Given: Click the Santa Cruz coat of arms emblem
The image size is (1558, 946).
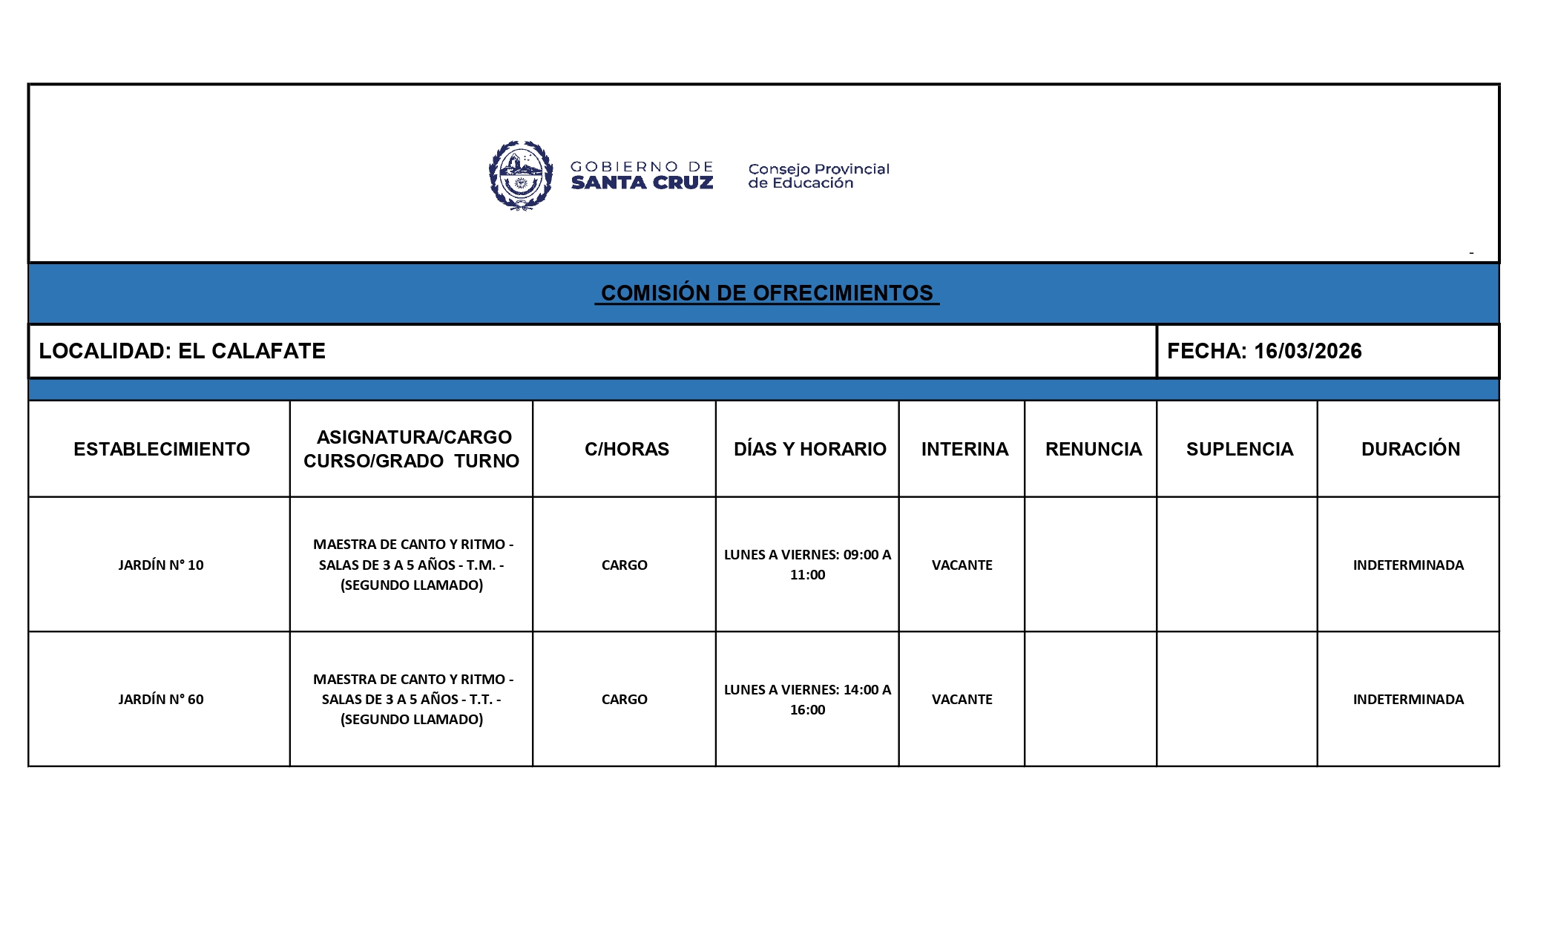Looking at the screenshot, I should pos(521,176).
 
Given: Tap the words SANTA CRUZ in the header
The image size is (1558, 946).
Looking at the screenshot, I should pos(642,183).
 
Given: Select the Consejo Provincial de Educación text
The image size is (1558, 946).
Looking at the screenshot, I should pos(818,176).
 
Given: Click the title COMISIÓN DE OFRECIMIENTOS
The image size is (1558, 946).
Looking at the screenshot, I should pos(766,293).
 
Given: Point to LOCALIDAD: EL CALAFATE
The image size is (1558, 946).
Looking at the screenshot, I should pos(182,351).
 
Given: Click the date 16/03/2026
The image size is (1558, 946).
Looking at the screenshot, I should pos(1307,351).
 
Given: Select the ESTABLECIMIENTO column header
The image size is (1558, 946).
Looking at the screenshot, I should pos(161,449).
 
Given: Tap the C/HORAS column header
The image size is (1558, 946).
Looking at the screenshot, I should pos(626,449).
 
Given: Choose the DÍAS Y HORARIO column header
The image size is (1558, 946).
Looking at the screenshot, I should pos(809,449).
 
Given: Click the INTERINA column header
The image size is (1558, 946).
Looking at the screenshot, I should pos(964,449).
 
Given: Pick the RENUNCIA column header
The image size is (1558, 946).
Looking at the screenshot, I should pos(1093,449).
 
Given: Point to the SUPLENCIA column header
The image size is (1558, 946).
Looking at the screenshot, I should pos(1239,449).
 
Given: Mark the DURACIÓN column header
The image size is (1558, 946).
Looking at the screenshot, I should pos(1410,449).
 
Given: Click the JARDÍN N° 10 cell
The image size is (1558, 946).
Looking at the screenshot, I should pos(160,565).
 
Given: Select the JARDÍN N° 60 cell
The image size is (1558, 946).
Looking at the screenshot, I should pos(160,699).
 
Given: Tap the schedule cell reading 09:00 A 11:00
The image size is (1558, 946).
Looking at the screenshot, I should pos(807,565).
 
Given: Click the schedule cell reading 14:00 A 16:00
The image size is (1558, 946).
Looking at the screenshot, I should pos(807,699).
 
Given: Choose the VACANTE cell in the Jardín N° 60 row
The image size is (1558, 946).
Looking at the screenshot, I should pos(962,699).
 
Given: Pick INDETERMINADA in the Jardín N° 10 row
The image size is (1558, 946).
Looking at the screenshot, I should pos(1408,565).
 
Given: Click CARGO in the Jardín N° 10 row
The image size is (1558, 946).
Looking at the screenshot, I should pos(624,565).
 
